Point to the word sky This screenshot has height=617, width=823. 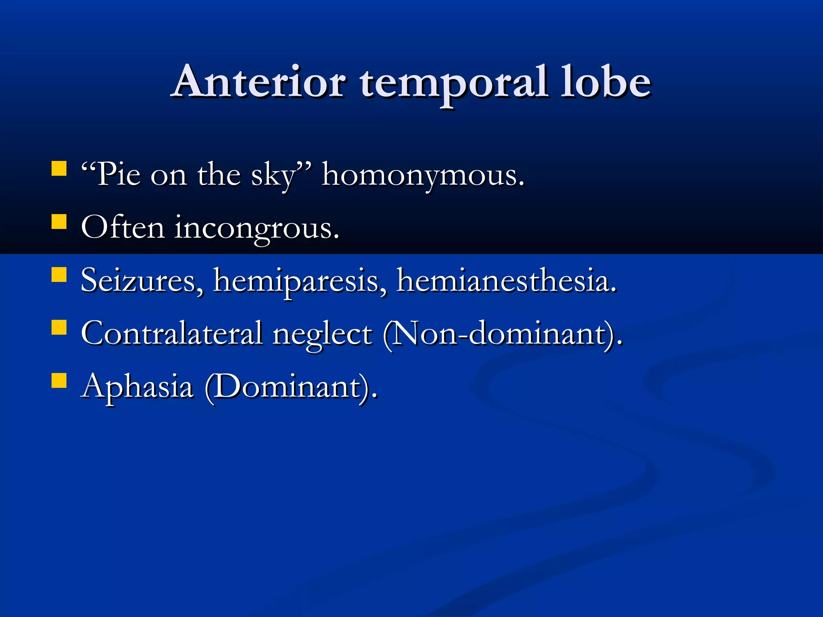(x=273, y=177)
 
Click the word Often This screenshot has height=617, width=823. (x=123, y=227)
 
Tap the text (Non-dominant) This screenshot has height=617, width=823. (x=502, y=334)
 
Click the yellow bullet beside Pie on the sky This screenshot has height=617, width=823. (x=59, y=169)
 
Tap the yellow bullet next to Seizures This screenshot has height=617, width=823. (x=59, y=275)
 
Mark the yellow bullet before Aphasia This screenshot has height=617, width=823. (x=59, y=380)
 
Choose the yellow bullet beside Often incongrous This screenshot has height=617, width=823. (x=59, y=221)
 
